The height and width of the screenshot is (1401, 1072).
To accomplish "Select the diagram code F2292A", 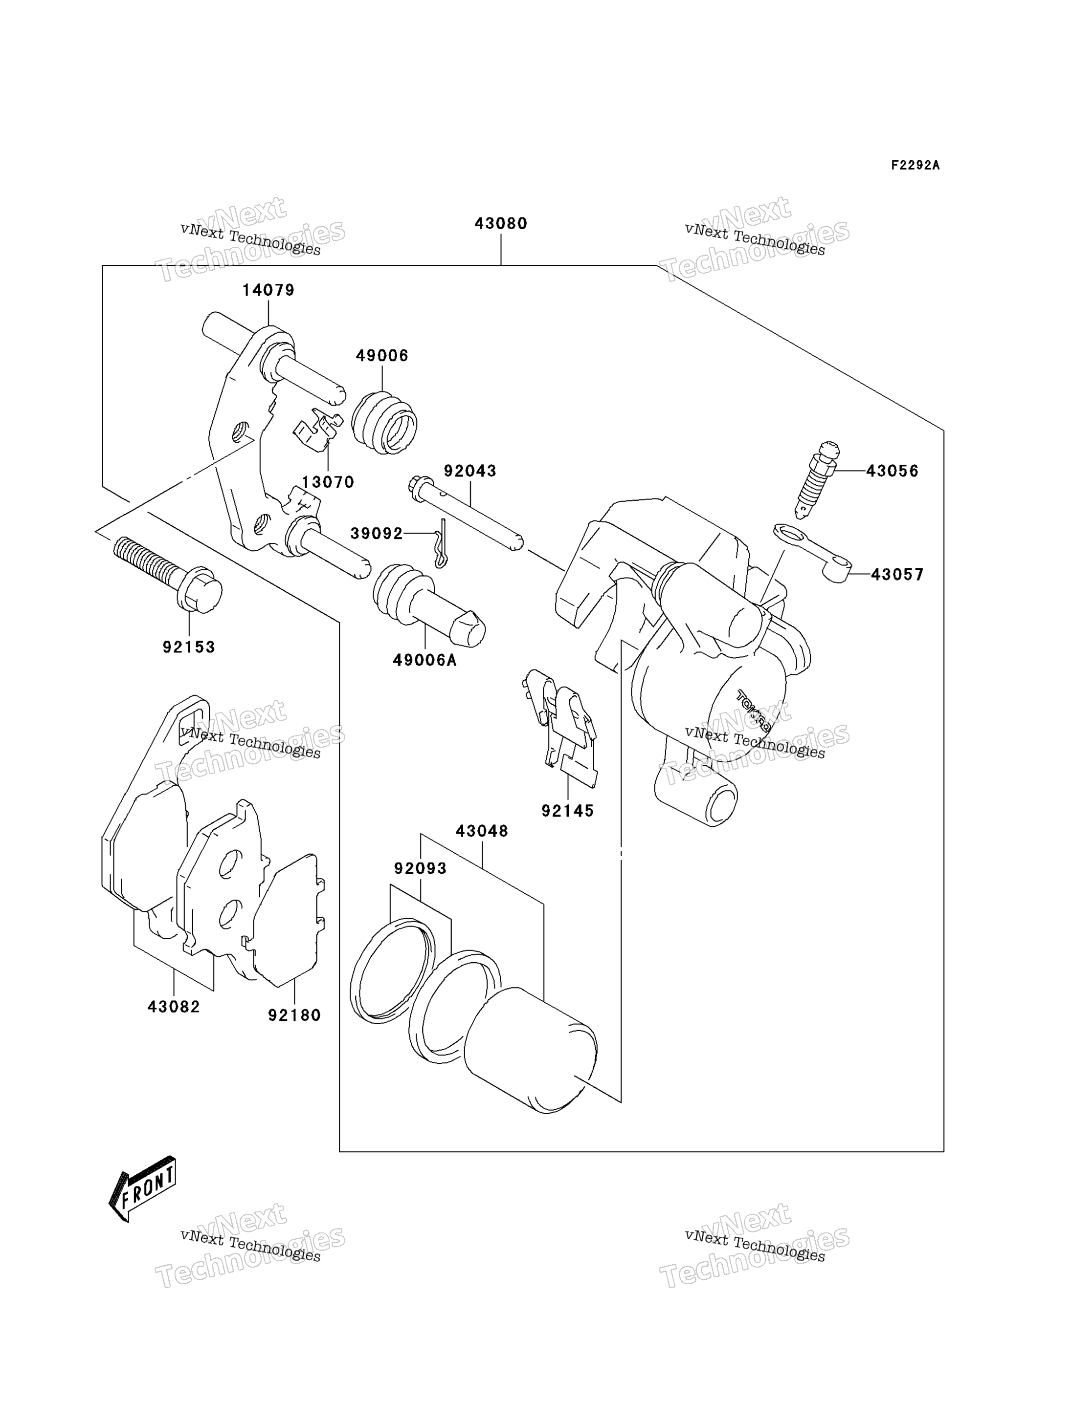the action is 915,165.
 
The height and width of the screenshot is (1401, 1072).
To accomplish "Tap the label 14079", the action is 268,291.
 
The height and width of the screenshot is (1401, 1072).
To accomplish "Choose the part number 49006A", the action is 424,661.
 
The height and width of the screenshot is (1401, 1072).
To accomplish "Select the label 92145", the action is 567,811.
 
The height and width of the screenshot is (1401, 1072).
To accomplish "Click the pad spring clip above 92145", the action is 559,727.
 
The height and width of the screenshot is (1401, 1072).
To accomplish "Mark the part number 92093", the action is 420,868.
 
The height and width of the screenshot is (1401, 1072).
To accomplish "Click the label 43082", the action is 174,1007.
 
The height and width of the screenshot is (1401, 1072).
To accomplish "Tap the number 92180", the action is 294,1015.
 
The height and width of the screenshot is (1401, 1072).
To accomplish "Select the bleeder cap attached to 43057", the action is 812,552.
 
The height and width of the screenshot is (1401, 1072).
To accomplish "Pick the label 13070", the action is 328,483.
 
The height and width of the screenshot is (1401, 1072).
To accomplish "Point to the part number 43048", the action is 482,832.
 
